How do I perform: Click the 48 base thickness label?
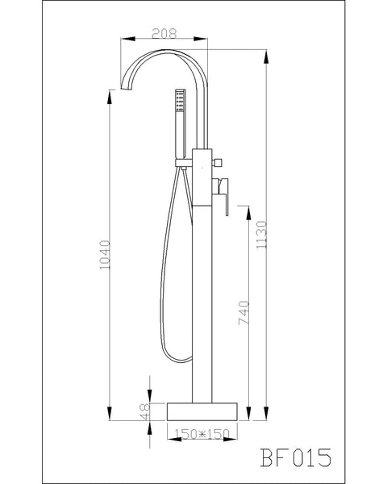pyautogui.click(x=146, y=411)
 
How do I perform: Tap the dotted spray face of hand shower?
pyautogui.click(x=178, y=100)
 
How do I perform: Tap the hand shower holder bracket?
pyautogui.click(x=182, y=167)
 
